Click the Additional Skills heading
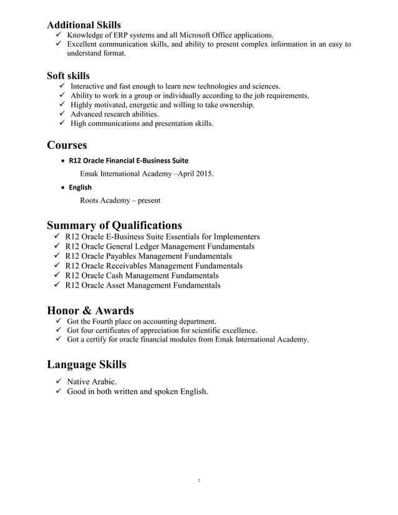pos(84,25)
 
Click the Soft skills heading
pos(72,75)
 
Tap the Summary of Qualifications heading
pos(114,225)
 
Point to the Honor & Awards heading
pos(90,310)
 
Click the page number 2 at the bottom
pos(198,481)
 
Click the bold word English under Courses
pos(80,187)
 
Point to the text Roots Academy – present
pos(120,200)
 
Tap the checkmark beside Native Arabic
pos(54,381)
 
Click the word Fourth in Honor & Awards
pos(109,321)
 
